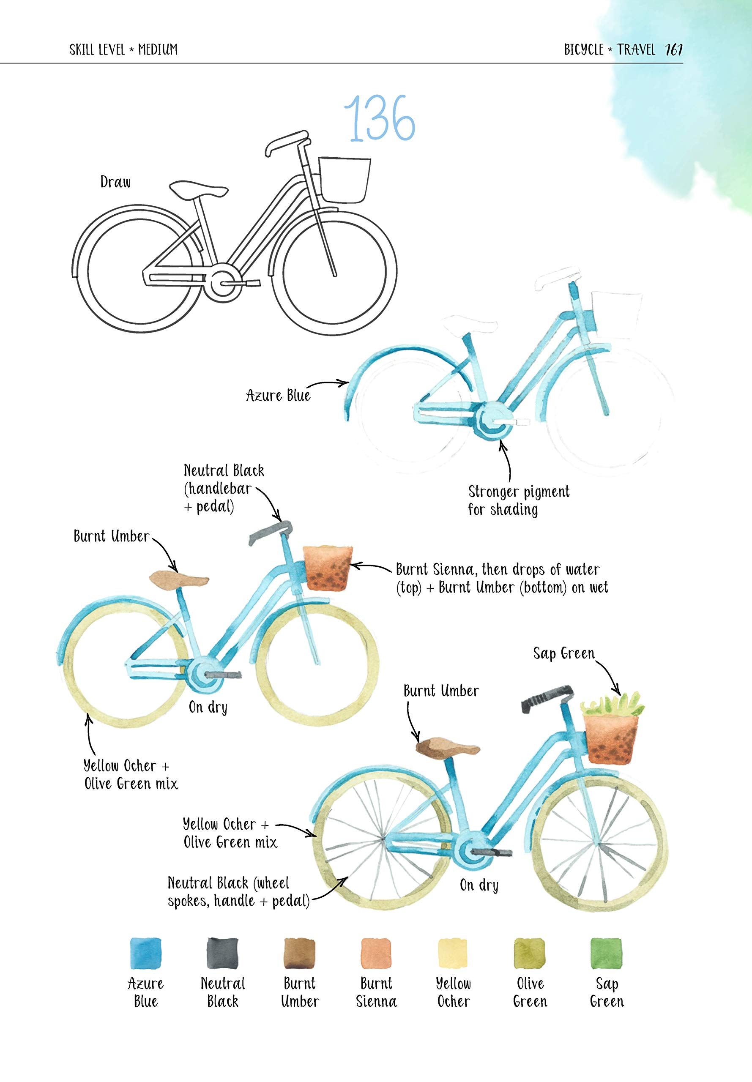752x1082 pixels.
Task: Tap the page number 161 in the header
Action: (x=673, y=49)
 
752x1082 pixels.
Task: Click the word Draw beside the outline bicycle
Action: (x=115, y=182)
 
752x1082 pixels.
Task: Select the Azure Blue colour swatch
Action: (x=145, y=954)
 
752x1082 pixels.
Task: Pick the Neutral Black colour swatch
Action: (x=222, y=954)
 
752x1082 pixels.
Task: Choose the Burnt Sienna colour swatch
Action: (x=376, y=954)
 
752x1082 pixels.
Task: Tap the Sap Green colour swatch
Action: (x=606, y=954)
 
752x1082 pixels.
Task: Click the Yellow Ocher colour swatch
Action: (x=453, y=954)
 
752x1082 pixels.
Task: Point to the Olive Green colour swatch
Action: (x=530, y=954)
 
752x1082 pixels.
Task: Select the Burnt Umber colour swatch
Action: (x=299, y=954)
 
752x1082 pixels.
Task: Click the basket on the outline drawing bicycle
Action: (x=345, y=180)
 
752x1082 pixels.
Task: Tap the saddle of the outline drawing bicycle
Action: (x=198, y=189)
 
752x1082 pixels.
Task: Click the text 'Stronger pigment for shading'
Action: (x=518, y=500)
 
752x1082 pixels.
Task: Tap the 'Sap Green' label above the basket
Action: (x=563, y=653)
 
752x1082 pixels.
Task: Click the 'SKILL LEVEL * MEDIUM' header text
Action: (x=123, y=49)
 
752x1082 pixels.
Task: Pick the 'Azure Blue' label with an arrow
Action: (x=278, y=395)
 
